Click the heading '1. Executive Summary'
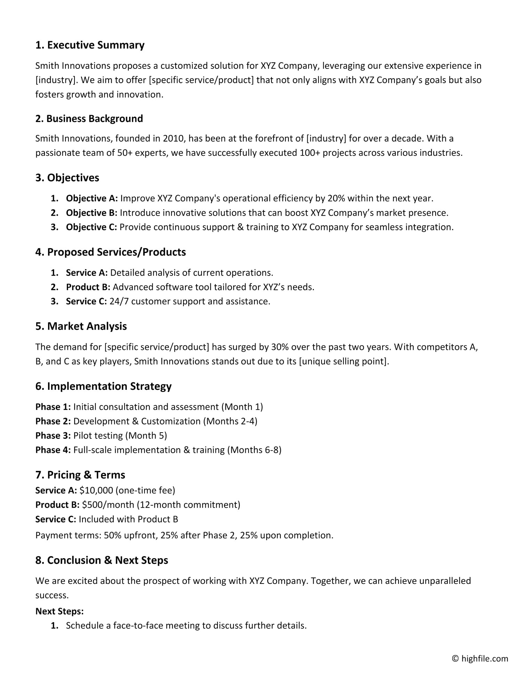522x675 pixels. (90, 45)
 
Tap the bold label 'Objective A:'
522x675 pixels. (92, 199)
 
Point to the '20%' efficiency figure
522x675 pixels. (336, 199)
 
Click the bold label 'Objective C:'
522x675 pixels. (92, 227)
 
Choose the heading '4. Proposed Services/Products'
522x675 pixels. (110, 252)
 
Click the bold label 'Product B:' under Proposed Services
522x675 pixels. (88, 287)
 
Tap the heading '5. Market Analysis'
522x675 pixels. (81, 326)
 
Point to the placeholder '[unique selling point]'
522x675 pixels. (343, 361)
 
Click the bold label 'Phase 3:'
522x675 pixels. (53, 436)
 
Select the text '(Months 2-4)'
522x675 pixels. (230, 421)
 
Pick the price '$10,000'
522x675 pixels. (96, 491)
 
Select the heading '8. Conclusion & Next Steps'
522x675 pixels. (102, 560)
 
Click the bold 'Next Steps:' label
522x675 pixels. (60, 611)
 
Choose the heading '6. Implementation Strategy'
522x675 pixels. (103, 386)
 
